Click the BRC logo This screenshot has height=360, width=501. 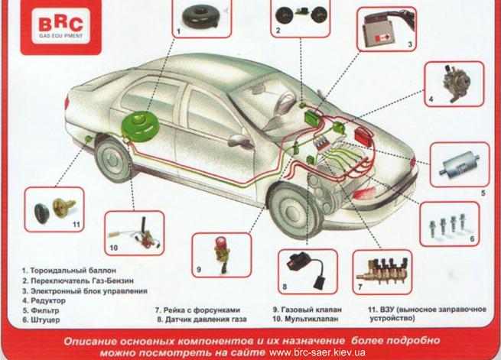[60, 27]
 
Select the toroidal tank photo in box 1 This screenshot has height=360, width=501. [202, 18]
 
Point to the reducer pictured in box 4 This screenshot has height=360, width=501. [456, 83]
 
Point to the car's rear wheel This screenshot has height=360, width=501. [113, 160]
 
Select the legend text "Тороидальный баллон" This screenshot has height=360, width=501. [73, 271]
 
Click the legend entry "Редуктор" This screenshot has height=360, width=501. [48, 300]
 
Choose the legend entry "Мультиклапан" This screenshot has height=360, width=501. [311, 319]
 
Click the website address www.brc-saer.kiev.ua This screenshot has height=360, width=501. [317, 352]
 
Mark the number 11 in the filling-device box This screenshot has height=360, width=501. [76, 225]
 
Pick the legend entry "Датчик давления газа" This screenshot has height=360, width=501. [206, 319]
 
